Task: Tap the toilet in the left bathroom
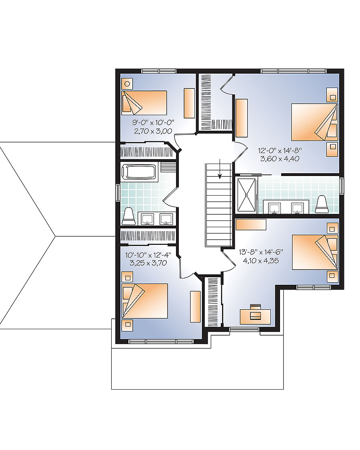point(128,216)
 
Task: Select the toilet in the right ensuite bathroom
point(322,204)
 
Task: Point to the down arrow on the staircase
point(219,172)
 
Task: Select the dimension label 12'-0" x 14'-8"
point(279,151)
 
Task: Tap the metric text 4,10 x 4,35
point(260,260)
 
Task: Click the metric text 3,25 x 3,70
point(145,263)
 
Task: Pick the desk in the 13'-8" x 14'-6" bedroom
point(255,316)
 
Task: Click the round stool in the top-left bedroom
point(127,84)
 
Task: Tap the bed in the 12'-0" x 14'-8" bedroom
point(314,122)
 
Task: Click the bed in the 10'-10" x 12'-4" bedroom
point(145,301)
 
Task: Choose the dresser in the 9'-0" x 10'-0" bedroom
point(189,103)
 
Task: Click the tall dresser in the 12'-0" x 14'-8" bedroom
point(241,118)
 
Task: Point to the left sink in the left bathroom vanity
point(147,218)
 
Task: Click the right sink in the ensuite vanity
point(297,208)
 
